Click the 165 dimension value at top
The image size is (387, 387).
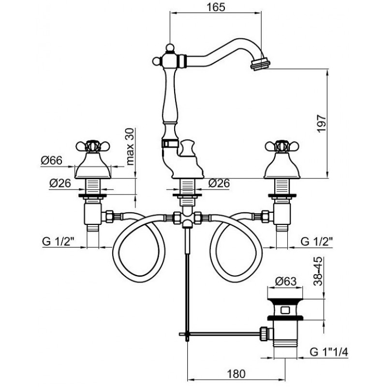pyautogui.click(x=217, y=9)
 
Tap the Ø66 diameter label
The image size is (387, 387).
pyautogui.click(x=52, y=161)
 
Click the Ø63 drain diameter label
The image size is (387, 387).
pyautogui.click(x=284, y=282)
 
